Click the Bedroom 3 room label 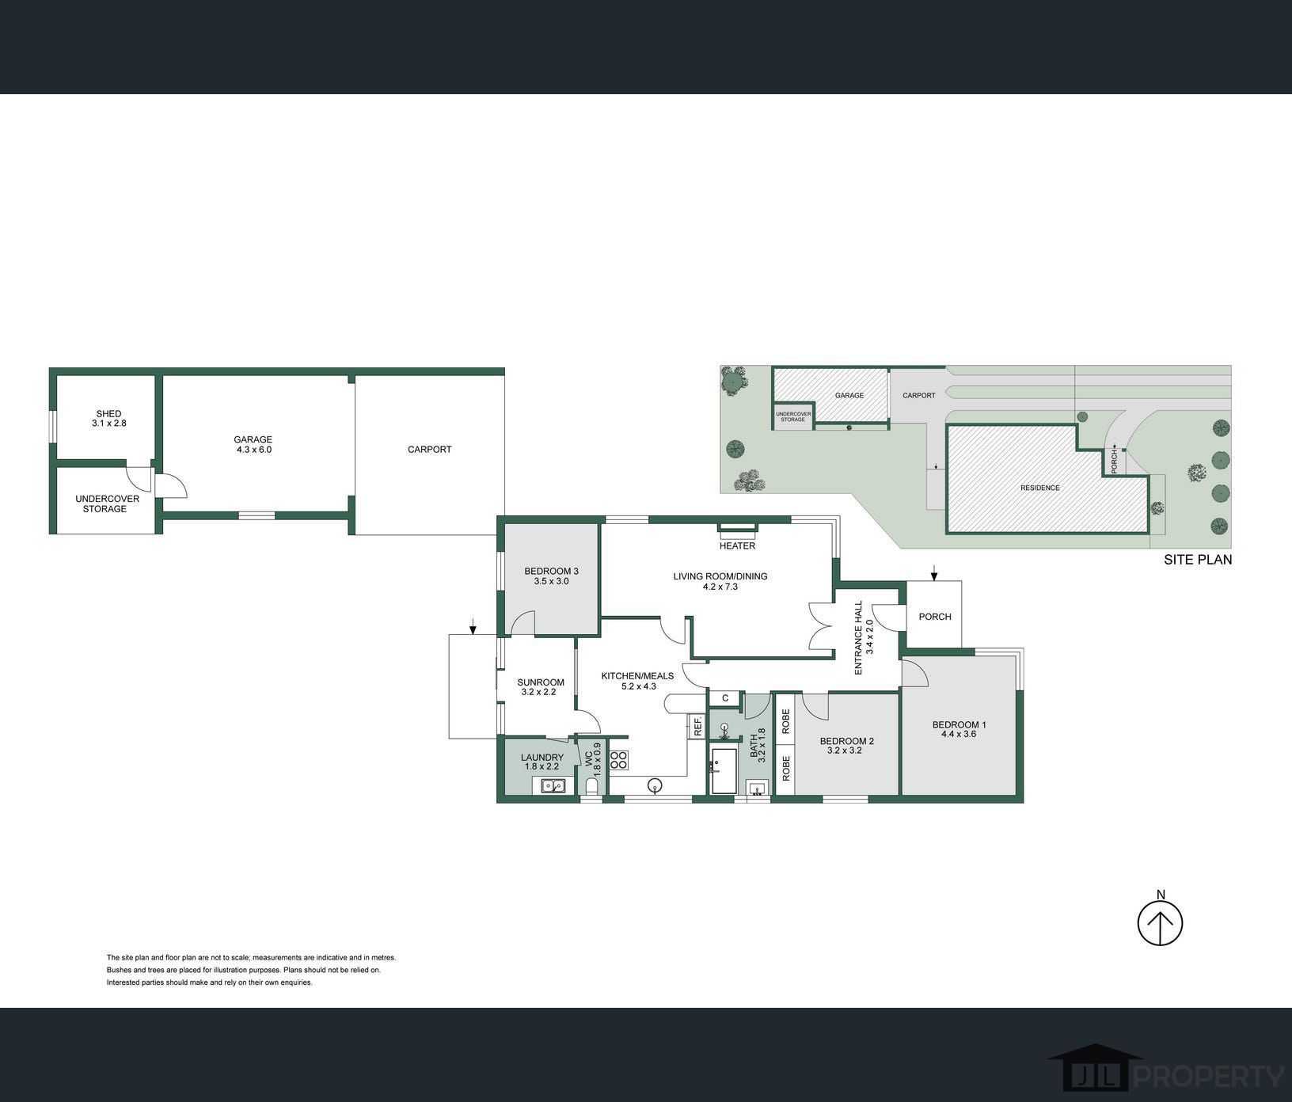(x=551, y=571)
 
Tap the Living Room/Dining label (x=720, y=576)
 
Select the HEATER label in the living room (x=737, y=545)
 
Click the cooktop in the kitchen (x=619, y=760)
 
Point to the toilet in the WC (x=591, y=785)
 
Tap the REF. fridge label (x=698, y=727)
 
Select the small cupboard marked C (x=724, y=698)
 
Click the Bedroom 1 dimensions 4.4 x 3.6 (x=959, y=734)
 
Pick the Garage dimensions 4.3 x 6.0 (x=253, y=450)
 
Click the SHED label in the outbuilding (x=108, y=413)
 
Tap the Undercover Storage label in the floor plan (x=107, y=503)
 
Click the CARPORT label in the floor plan (x=429, y=450)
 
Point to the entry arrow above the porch (x=934, y=572)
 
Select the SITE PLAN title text (x=1198, y=560)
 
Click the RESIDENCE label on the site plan (x=1039, y=488)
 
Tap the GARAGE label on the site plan (x=849, y=395)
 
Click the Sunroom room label (x=541, y=682)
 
